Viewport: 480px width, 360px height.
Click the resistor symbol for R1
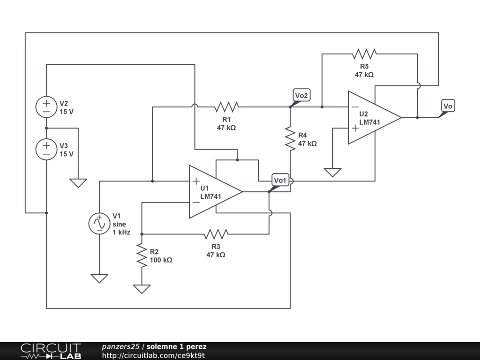pos(226,107)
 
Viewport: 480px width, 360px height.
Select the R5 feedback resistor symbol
pos(364,54)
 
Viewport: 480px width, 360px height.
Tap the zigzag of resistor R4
pos(290,139)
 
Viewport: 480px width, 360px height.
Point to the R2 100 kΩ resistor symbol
pos(142,255)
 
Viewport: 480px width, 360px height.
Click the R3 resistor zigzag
pos(216,234)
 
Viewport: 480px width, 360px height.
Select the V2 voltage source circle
pos(46,107)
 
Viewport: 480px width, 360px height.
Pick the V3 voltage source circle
pos(46,150)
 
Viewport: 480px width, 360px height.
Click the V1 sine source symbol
pos(99,224)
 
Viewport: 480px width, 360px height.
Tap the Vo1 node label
pos(280,180)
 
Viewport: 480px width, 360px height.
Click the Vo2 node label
pos(301,95)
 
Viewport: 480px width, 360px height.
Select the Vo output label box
pos(448,106)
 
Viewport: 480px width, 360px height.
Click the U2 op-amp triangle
pos(375,118)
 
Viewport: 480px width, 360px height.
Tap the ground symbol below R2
pos(142,289)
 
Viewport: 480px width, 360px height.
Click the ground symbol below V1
pos(99,278)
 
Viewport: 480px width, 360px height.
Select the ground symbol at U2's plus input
pos(332,172)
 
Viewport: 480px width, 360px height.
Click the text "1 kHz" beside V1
pos(121,232)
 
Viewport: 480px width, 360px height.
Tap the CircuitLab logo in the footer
pos(51,351)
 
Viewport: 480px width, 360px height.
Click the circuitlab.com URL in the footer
pos(153,355)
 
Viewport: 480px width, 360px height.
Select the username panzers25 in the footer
pos(120,347)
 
